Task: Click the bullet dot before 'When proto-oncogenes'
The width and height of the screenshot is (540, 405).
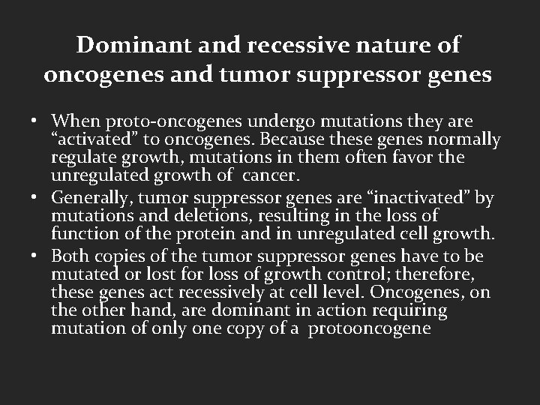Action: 36,121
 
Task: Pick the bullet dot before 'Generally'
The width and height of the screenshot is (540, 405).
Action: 36,198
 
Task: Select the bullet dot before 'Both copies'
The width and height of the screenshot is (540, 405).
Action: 36,254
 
